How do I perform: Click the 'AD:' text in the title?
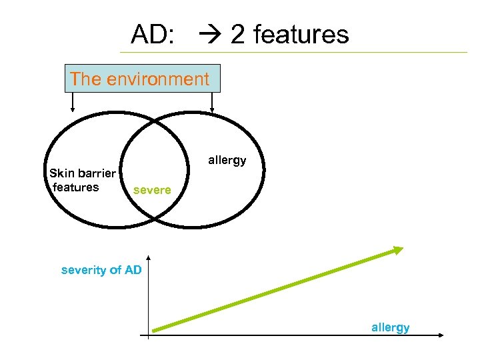pyautogui.click(x=153, y=34)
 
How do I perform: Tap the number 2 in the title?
pyautogui.click(x=237, y=34)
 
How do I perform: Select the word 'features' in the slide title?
pyautogui.click(x=301, y=34)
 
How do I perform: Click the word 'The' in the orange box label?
pyautogui.click(x=85, y=79)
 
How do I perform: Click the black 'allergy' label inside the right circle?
pyautogui.click(x=227, y=161)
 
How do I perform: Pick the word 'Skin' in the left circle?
pyautogui.click(x=61, y=174)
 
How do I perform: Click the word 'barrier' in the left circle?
pyautogui.click(x=97, y=174)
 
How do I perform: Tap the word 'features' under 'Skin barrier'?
pyautogui.click(x=75, y=187)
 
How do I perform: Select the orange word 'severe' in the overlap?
pyautogui.click(x=152, y=190)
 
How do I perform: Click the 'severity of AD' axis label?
pyautogui.click(x=101, y=270)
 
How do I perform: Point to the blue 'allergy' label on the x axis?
pyautogui.click(x=391, y=327)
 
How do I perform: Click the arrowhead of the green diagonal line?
pyautogui.click(x=399, y=250)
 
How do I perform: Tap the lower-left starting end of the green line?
pyautogui.click(x=153, y=328)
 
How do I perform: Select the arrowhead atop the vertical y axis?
pyautogui.click(x=149, y=259)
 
